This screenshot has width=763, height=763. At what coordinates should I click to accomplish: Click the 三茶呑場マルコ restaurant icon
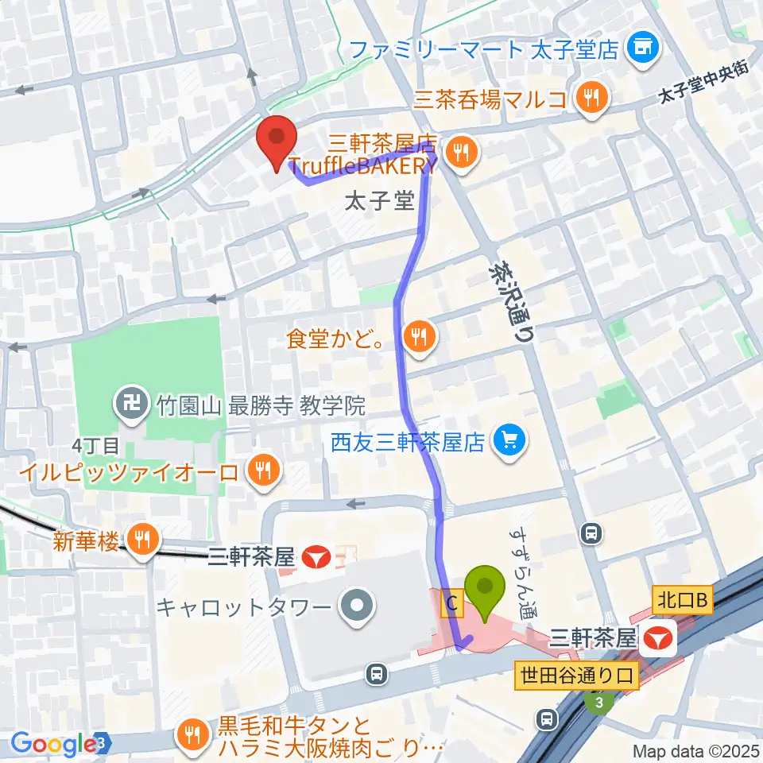pos(592,99)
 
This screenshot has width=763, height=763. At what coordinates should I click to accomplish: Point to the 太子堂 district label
pos(380,201)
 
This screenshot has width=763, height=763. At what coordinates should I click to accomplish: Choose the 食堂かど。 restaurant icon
pos(418,337)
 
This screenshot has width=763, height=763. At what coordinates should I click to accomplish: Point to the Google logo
pos(53,744)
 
